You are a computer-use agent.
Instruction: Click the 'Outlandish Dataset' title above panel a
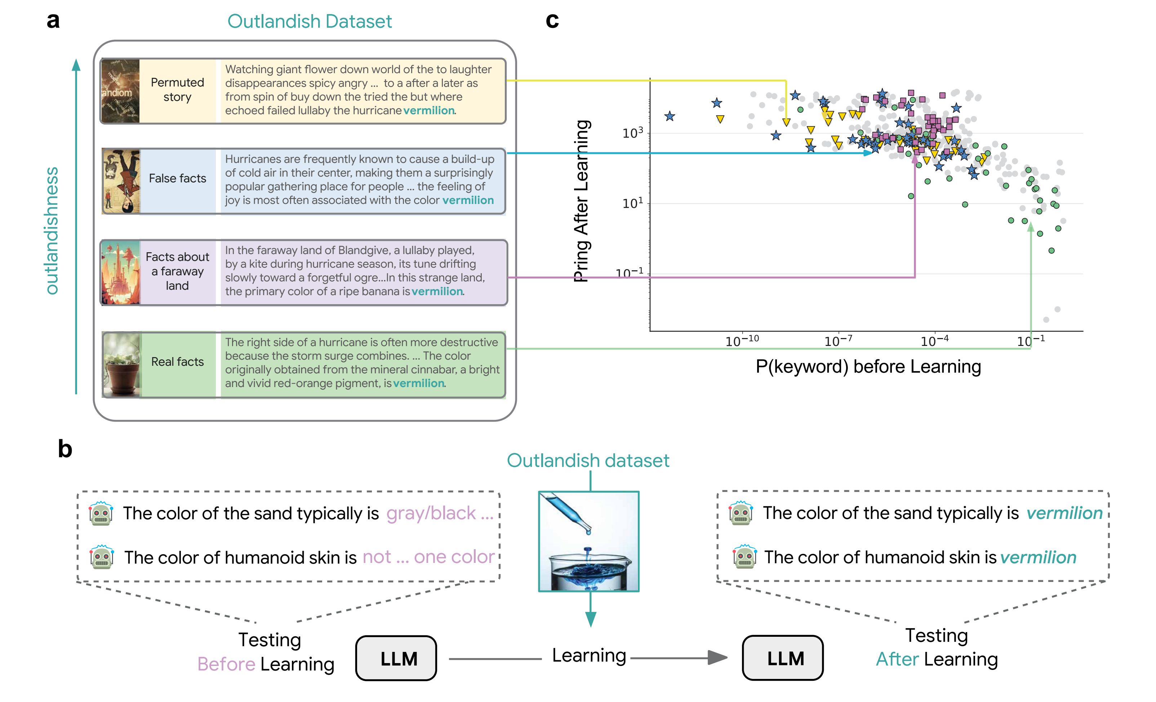coord(309,22)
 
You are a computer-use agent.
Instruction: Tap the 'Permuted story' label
coord(177,90)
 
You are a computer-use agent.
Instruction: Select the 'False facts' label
coord(177,178)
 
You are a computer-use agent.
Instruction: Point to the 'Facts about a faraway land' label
coord(177,271)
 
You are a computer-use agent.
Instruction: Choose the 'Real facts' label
coord(177,362)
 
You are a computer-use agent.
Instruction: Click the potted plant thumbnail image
coord(121,365)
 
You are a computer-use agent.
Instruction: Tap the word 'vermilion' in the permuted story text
coord(429,111)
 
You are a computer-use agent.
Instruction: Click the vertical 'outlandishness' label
coord(51,231)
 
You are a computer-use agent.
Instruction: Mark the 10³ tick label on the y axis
coord(632,134)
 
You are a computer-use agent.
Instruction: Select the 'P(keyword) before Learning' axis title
coord(868,367)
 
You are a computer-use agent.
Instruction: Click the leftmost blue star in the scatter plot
coord(670,116)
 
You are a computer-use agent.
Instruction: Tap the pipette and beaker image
coord(589,541)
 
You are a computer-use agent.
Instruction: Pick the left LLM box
coord(396,658)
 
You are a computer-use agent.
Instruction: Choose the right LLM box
coord(783,658)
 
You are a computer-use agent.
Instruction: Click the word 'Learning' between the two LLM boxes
coord(589,656)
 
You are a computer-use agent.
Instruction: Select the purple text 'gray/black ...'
coord(440,514)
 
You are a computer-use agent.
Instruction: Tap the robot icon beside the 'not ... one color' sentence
coord(101,557)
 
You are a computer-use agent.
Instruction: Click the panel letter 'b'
coord(65,449)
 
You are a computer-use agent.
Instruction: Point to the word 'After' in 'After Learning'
coord(897,659)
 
